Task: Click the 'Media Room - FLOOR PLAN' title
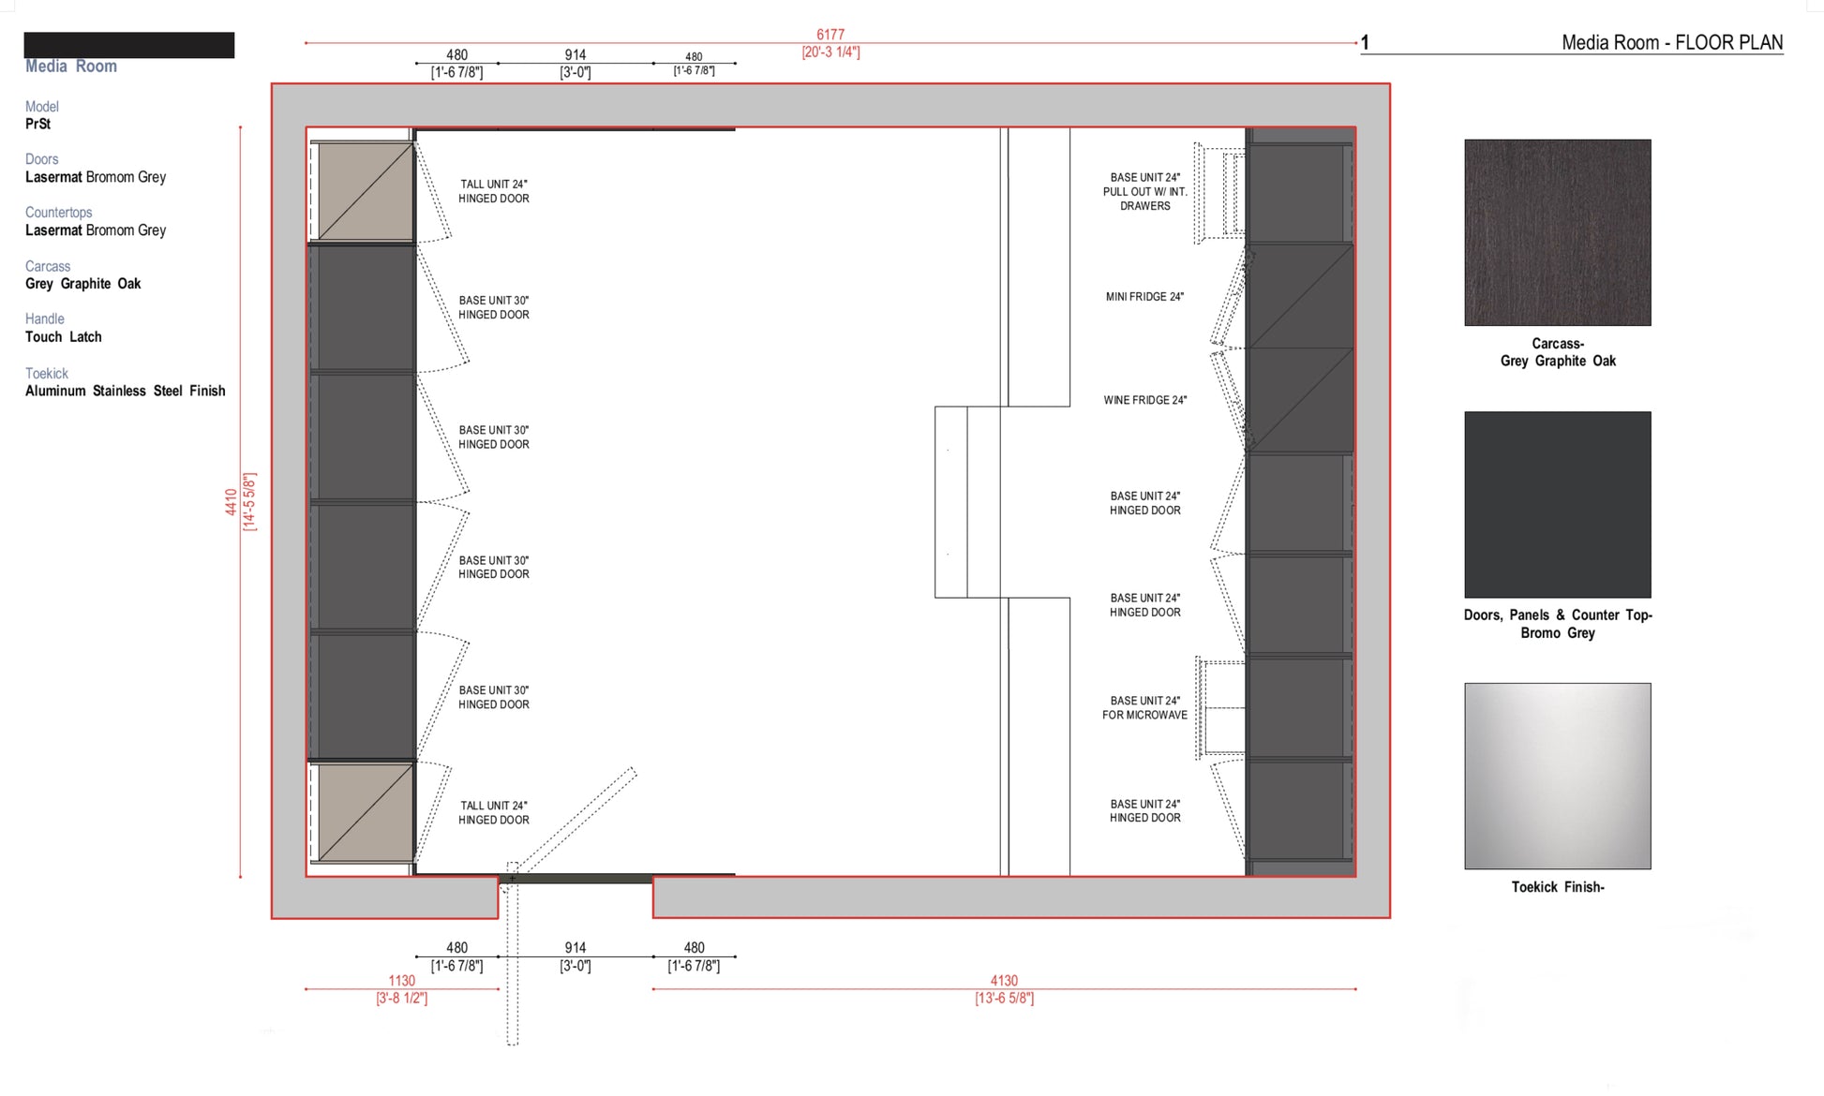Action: pyautogui.click(x=1671, y=42)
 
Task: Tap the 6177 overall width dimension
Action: pyautogui.click(x=830, y=35)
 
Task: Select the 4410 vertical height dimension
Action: pyautogui.click(x=231, y=501)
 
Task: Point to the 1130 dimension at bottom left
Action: pyautogui.click(x=401, y=981)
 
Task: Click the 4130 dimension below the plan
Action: pyautogui.click(x=1004, y=981)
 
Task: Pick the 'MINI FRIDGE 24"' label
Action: pyautogui.click(x=1144, y=297)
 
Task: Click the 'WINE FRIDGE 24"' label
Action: pyautogui.click(x=1144, y=400)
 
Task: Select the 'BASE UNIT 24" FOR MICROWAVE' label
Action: pyautogui.click(x=1144, y=708)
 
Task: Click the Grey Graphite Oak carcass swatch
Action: pyautogui.click(x=1557, y=232)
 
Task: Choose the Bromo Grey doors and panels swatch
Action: pyautogui.click(x=1557, y=504)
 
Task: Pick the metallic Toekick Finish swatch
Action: pyautogui.click(x=1557, y=776)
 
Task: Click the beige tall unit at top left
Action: pyautogui.click(x=366, y=191)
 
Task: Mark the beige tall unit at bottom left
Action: pyautogui.click(x=366, y=812)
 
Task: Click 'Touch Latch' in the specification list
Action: pyautogui.click(x=64, y=337)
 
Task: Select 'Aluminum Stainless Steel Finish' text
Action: pyautogui.click(x=125, y=391)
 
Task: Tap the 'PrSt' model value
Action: pyautogui.click(x=37, y=124)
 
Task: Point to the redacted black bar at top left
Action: pyautogui.click(x=128, y=45)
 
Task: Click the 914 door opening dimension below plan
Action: pyautogui.click(x=575, y=948)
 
